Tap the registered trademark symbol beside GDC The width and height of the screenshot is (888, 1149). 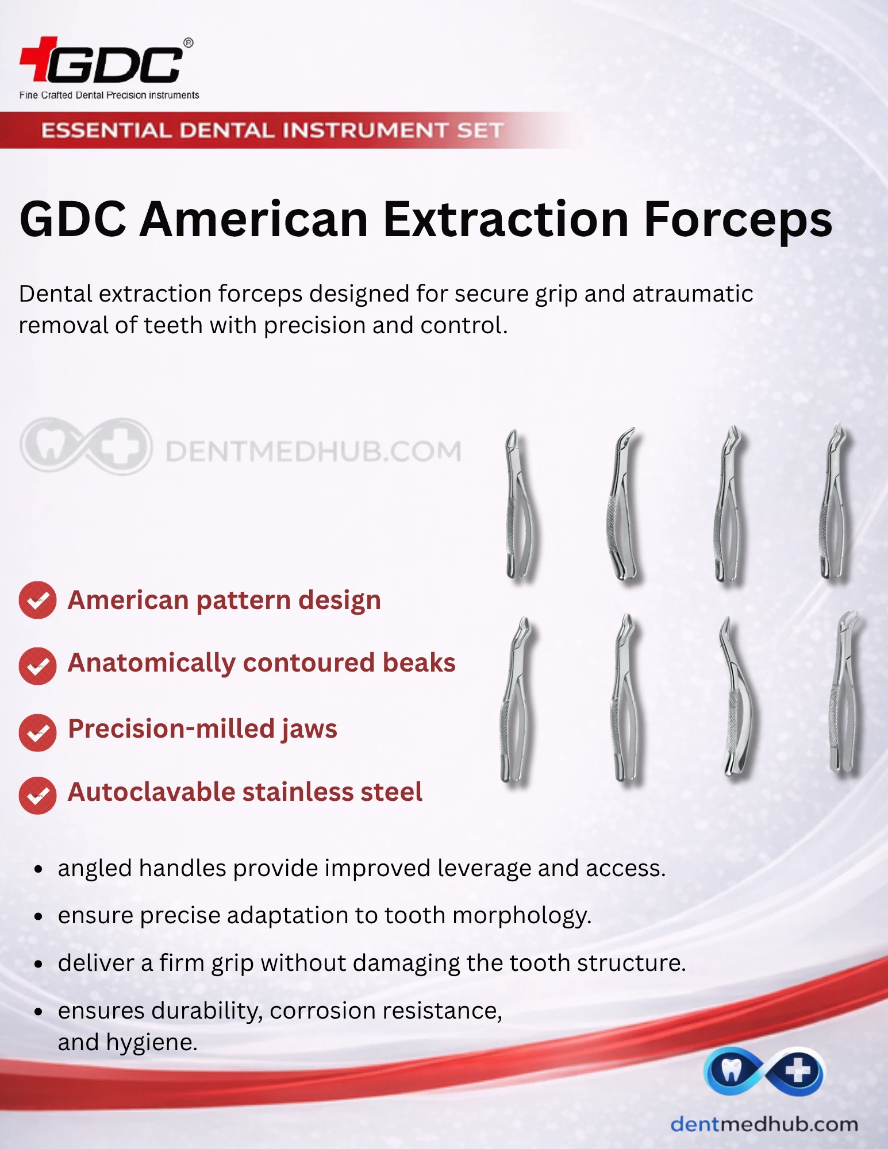tap(188, 43)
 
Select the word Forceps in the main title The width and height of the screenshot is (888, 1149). tap(738, 220)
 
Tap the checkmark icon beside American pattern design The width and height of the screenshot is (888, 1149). tap(37, 600)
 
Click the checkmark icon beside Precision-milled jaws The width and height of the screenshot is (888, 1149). tap(37, 732)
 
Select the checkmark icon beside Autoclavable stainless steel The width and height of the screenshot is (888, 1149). tap(37, 796)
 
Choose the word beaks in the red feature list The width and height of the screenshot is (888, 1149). tap(419, 662)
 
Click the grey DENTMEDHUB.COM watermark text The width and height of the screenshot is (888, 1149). tap(313, 452)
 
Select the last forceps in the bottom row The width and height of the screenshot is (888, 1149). tap(843, 692)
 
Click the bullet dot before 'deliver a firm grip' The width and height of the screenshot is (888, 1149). tap(39, 965)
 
